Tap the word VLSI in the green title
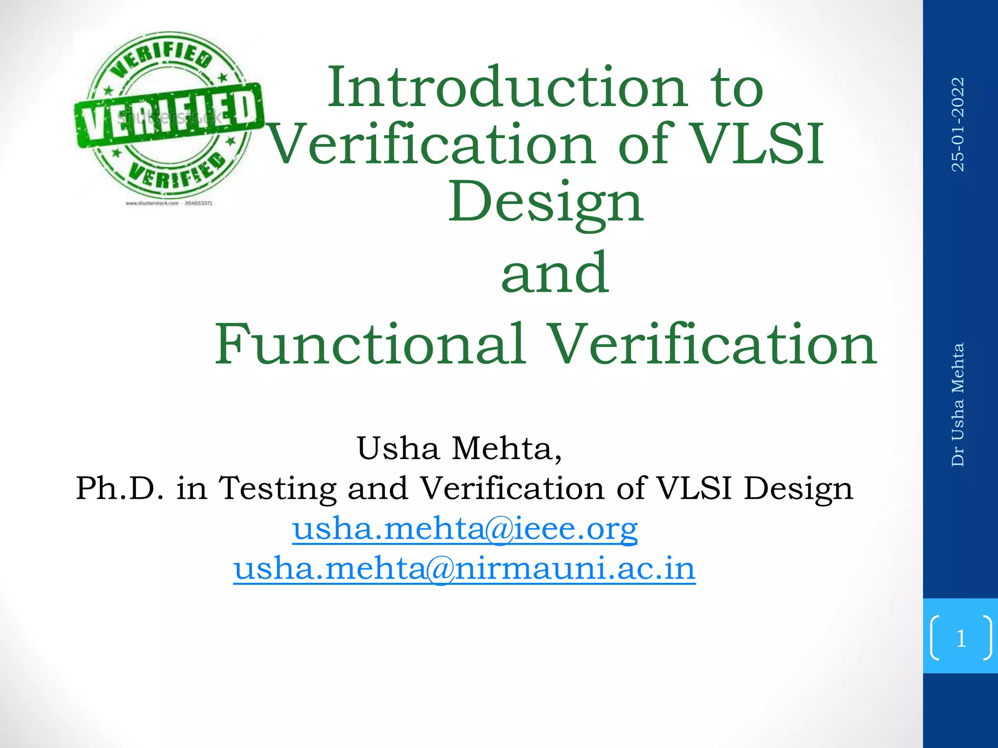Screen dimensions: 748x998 758,144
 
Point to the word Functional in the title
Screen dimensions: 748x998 370,345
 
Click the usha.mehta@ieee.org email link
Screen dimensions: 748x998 465,529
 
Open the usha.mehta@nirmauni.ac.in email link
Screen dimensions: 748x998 464,568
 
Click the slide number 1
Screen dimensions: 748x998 961,638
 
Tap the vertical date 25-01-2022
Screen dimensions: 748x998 958,124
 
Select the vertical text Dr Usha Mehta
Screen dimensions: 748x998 958,405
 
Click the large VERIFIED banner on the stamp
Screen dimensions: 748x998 169,116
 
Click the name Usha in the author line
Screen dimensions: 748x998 398,449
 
